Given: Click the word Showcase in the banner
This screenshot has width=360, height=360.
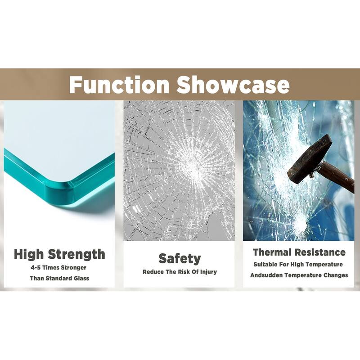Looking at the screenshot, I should (x=233, y=85).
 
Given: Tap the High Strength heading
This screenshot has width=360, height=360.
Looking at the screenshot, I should (x=59, y=254).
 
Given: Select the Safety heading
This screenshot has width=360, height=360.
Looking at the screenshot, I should (x=180, y=259).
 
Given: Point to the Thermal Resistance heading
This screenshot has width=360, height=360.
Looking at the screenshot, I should (x=299, y=252).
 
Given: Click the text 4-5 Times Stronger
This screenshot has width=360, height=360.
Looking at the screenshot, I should (x=59, y=267).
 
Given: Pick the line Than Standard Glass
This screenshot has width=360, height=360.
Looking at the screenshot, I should (x=59, y=278).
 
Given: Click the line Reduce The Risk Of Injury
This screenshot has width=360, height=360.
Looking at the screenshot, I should (x=180, y=272).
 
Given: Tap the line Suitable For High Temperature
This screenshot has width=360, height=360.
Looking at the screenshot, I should (x=298, y=265).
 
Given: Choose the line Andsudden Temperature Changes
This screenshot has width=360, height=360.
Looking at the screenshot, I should (x=299, y=275).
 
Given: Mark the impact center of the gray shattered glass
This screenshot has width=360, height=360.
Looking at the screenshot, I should (x=193, y=168).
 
